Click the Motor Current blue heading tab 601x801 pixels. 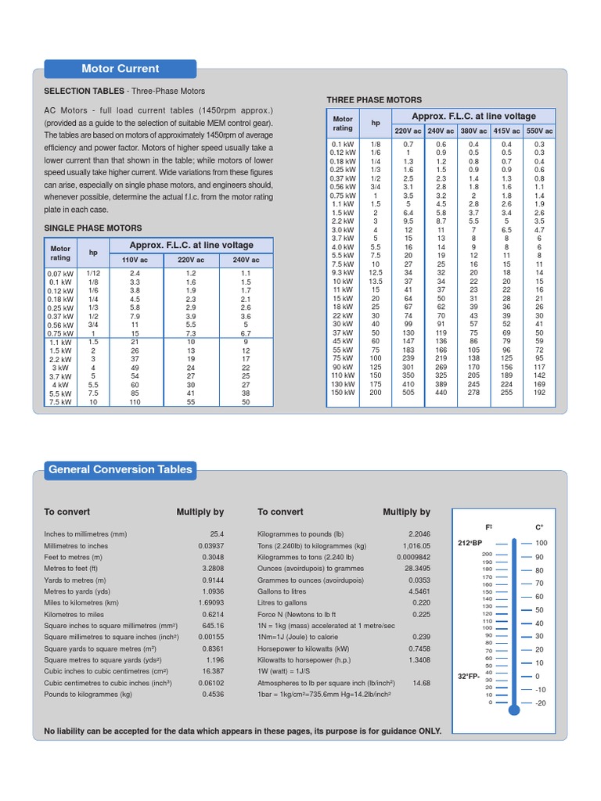[120, 69]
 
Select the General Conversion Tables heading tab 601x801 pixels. [120, 470]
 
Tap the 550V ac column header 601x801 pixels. [538, 131]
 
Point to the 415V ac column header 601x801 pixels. [506, 131]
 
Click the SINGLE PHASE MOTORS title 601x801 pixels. [93, 228]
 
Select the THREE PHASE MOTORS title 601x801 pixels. [374, 100]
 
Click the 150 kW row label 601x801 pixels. [343, 393]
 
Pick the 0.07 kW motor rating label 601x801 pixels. [60, 273]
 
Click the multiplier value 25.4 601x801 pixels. [217, 534]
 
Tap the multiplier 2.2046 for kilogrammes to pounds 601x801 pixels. [418, 534]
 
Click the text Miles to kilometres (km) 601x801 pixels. [81, 603]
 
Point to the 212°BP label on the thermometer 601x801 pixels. [470, 542]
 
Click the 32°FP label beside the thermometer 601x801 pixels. [470, 676]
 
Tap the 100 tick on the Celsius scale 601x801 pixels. [541, 543]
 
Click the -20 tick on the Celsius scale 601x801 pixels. [540, 703]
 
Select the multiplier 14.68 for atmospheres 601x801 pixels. [421, 683]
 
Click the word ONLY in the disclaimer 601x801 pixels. [429, 731]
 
